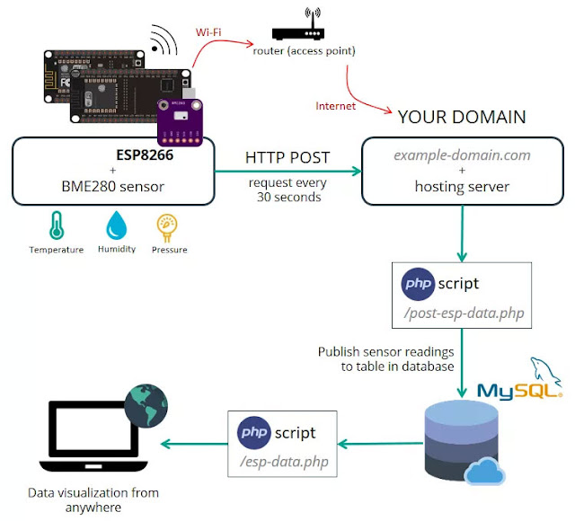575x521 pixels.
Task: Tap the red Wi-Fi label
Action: tap(210, 33)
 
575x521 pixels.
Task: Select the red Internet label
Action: tap(335, 106)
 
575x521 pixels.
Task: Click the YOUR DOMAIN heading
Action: tap(462, 118)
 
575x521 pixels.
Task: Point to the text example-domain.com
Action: tap(461, 155)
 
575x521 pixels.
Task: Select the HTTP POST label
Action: tap(287, 158)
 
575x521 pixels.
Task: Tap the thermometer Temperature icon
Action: tap(57, 225)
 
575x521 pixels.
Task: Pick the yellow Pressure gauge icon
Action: tap(169, 225)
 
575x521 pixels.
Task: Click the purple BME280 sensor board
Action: tap(181, 121)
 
